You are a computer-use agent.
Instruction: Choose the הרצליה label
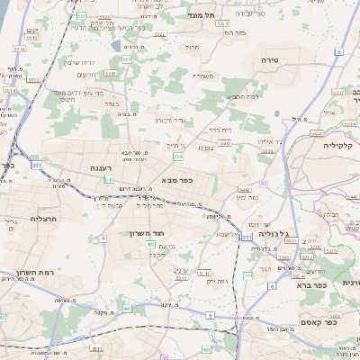[x=43, y=219]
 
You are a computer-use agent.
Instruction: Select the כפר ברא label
[x=314, y=284]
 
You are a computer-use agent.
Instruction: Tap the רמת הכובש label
[x=242, y=97]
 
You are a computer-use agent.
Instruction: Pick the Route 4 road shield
[x=103, y=238]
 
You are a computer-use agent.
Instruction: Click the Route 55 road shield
[x=263, y=184]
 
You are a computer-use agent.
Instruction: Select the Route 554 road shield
[x=178, y=157]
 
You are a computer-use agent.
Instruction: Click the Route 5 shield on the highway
[x=209, y=315]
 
